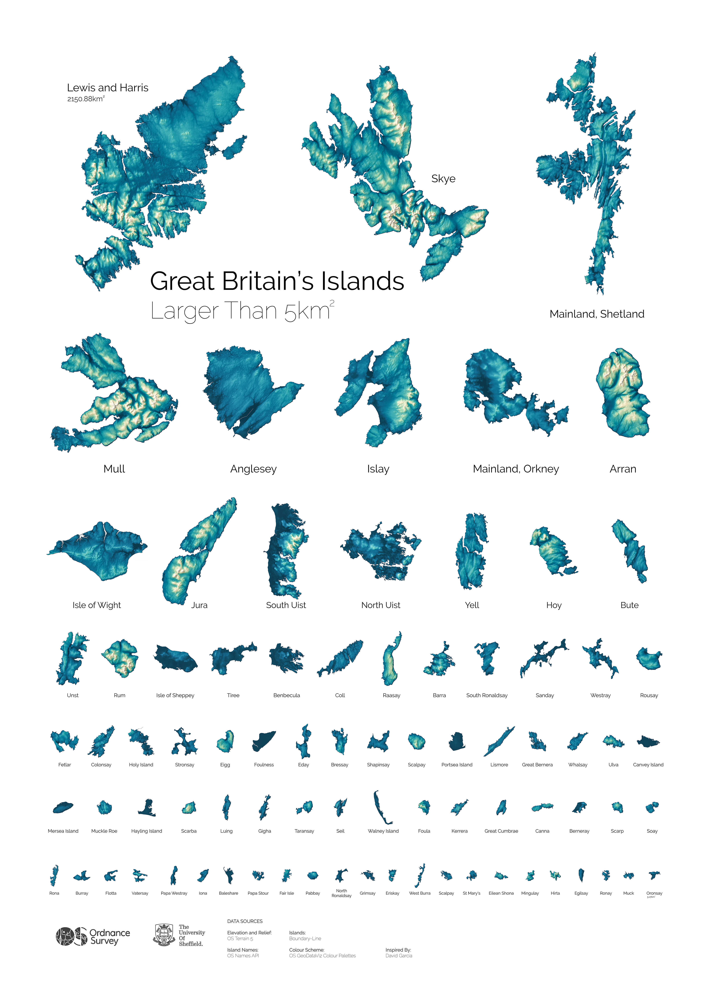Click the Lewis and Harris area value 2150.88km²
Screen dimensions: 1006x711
click(85, 99)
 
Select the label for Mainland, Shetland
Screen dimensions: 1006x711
click(597, 314)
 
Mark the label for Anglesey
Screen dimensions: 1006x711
click(253, 469)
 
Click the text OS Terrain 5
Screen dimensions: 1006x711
click(240, 939)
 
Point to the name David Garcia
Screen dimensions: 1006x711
click(399, 956)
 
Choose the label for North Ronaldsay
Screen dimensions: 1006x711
click(341, 893)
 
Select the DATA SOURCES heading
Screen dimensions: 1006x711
click(244, 921)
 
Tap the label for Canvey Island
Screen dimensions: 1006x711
click(648, 765)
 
